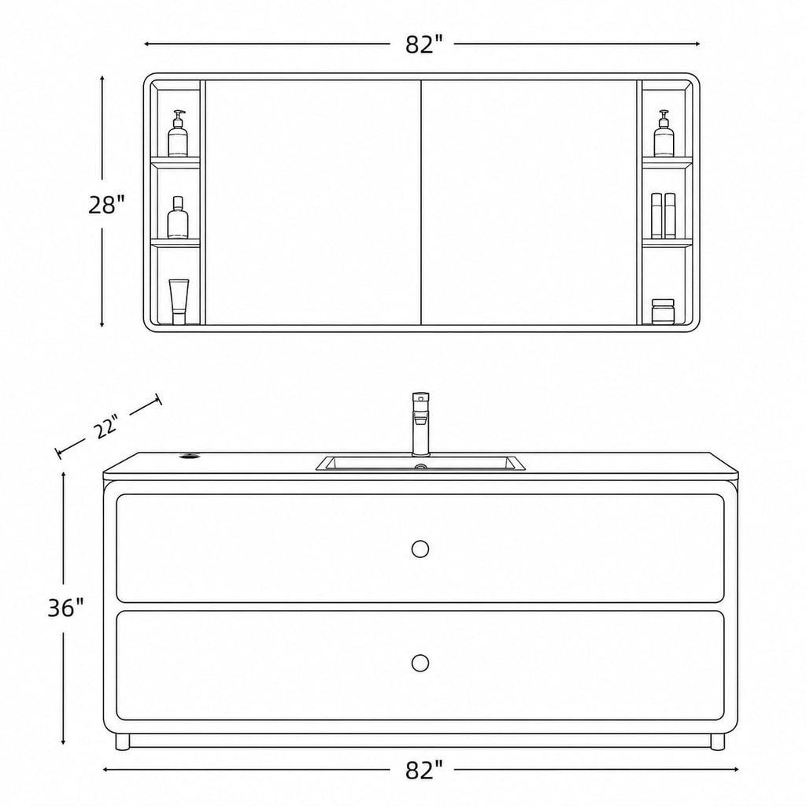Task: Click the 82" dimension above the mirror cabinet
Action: tap(423, 45)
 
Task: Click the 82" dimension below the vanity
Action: tap(423, 770)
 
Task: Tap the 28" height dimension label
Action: tap(106, 205)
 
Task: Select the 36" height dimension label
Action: tap(65, 608)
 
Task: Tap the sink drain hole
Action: tap(421, 467)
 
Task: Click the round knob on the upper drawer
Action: tap(420, 549)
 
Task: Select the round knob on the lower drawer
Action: tap(420, 663)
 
